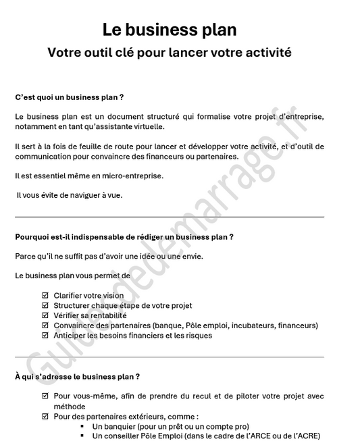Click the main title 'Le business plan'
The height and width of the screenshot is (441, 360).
170,30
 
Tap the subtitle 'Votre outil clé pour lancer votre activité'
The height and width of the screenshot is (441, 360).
170,53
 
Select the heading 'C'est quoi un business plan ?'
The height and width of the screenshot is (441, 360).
69,97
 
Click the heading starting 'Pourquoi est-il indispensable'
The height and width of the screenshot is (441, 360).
124,236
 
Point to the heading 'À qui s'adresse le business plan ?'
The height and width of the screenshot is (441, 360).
77,376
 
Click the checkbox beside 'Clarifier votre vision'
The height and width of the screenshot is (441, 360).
45,296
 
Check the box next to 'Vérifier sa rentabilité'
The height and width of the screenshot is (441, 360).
45,315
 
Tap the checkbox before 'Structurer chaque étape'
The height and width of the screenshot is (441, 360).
45,306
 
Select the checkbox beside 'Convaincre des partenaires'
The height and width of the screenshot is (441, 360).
45,326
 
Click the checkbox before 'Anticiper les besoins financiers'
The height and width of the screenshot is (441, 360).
45,336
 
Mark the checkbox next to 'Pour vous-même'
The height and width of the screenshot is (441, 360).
45,396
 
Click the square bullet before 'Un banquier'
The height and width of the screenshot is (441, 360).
82,426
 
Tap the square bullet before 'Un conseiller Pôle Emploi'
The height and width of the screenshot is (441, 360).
82,436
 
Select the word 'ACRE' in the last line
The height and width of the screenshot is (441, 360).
308,436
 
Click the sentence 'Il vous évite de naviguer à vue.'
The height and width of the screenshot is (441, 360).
70,196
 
